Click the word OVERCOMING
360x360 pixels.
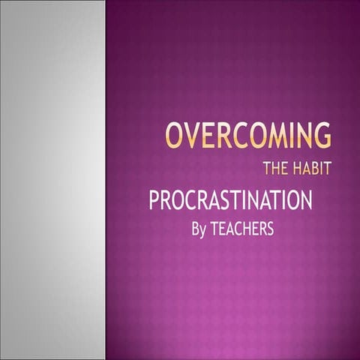pyautogui.click(x=248, y=136)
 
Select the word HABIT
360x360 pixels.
pyautogui.click(x=312, y=166)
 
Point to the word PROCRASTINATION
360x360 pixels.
pyautogui.click(x=230, y=201)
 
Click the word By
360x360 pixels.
pyautogui.click(x=198, y=228)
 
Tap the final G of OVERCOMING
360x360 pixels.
pyautogui.click(x=321, y=136)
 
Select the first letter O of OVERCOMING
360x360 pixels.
pyautogui.click(x=173, y=136)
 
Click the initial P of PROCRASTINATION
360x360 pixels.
pyautogui.click(x=154, y=201)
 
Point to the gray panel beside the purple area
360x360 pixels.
pyautogui.click(x=52, y=180)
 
